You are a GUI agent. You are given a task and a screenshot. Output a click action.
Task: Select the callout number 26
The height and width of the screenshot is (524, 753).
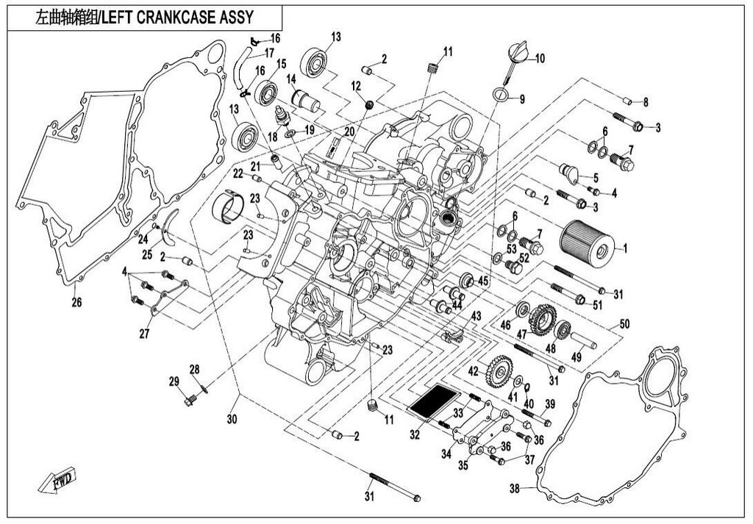coord(76,302)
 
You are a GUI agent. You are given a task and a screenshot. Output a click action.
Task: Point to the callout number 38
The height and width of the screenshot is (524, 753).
coord(515,488)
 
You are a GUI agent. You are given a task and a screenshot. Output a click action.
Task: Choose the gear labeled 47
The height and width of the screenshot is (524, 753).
coord(540,318)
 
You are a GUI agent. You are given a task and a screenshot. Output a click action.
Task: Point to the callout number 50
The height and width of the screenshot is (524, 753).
coord(624,324)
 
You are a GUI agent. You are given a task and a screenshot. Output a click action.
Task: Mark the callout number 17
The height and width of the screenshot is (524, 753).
coord(269,53)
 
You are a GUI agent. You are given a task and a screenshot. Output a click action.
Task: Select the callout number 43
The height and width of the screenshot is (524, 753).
coord(476,316)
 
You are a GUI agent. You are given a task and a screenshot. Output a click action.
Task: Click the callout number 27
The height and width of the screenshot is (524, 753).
coord(145,334)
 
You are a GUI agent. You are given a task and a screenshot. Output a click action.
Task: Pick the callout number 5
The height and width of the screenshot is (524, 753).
coord(596,177)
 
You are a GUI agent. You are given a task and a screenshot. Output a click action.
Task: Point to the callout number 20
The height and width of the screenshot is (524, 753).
coord(348,131)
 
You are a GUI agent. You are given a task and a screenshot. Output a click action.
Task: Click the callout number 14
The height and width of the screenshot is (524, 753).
coord(290,79)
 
